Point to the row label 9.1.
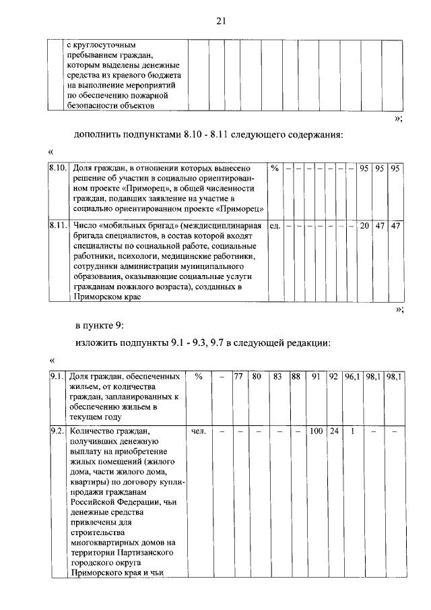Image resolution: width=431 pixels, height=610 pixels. click(x=57, y=377)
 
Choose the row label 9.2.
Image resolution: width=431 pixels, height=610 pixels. click(x=57, y=430)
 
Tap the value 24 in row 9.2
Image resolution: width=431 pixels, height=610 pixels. click(x=334, y=430)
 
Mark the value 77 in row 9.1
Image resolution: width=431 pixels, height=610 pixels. click(x=238, y=377)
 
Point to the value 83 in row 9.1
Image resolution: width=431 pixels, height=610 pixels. click(x=277, y=377)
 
